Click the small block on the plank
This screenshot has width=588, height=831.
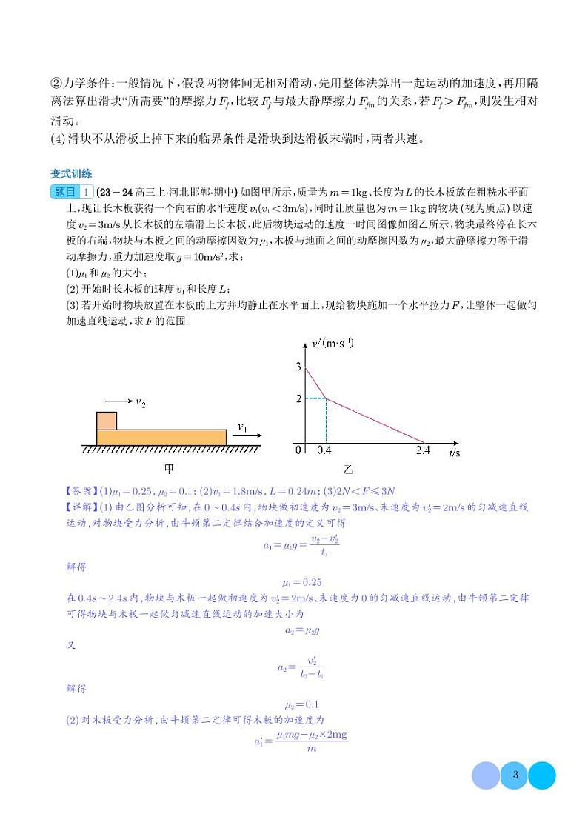[x=107, y=420]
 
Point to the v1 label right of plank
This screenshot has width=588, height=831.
[x=243, y=426]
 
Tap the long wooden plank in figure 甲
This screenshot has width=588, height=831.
[x=161, y=437]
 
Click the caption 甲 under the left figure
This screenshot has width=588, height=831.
[x=170, y=468]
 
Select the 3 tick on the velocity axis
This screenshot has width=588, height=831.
[x=298, y=367]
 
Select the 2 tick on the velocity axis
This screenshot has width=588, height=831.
[x=298, y=399]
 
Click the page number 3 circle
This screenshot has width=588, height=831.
[x=514, y=775]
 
